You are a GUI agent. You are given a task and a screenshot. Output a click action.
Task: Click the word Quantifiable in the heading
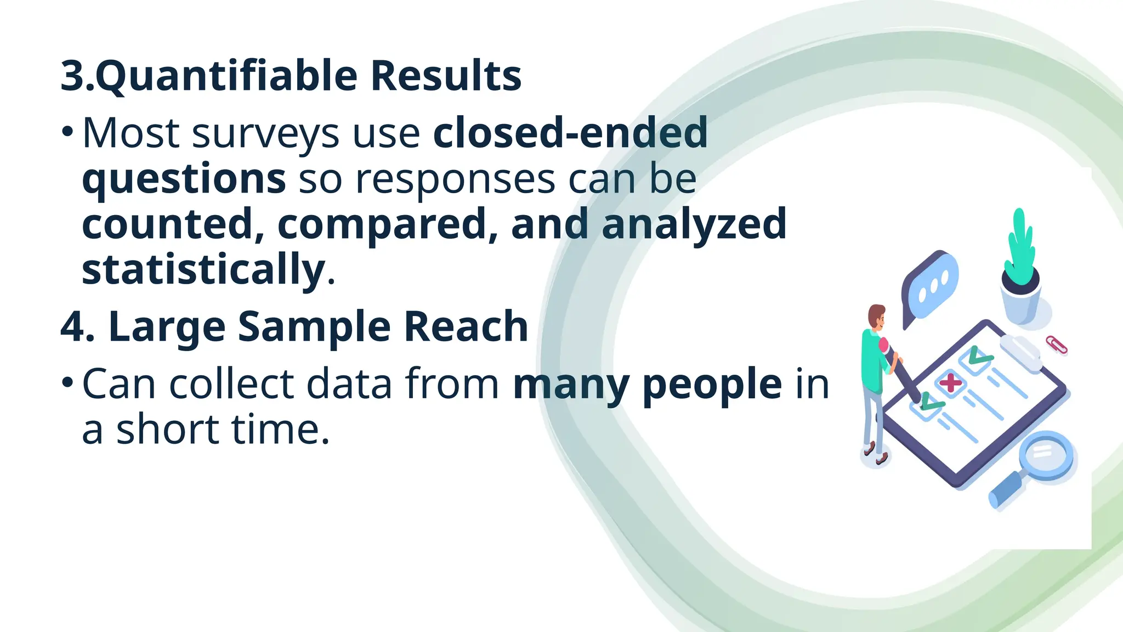coord(225,77)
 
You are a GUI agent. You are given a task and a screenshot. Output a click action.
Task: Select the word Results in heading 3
coord(446,76)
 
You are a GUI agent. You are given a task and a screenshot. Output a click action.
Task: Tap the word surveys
coord(265,134)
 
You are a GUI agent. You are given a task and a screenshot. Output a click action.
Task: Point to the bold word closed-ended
coord(570,133)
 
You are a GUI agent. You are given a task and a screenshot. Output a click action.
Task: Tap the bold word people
coord(712,384)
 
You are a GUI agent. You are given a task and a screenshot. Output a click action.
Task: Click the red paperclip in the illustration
coord(1056,345)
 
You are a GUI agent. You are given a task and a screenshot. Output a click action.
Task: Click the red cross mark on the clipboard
coord(950,382)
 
